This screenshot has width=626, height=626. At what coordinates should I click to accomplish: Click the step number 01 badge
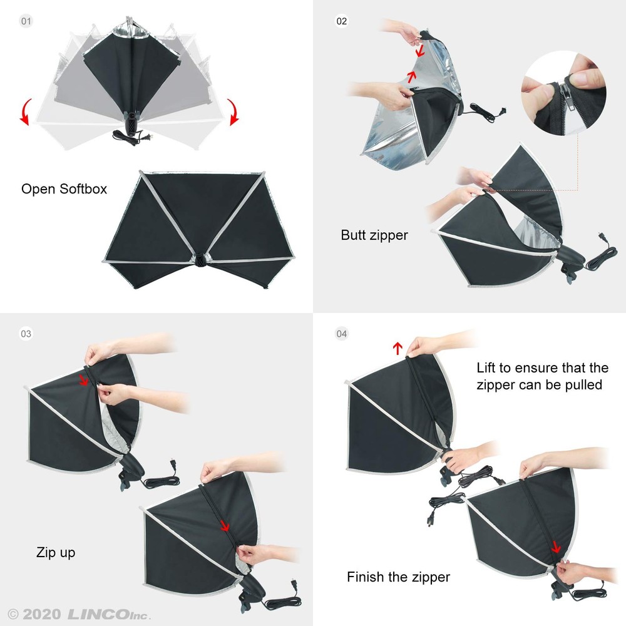[x=26, y=21]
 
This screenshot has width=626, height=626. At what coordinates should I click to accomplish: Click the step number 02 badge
[x=341, y=21]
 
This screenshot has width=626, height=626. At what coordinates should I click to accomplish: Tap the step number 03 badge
[x=26, y=334]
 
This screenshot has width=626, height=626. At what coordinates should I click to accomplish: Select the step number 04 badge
[x=341, y=334]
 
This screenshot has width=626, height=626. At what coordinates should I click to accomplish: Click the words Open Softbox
[x=64, y=188]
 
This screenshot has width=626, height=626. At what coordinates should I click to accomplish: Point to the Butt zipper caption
[x=374, y=235]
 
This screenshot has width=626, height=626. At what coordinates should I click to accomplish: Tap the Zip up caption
[x=56, y=553]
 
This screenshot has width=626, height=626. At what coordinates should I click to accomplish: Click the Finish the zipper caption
[x=398, y=577]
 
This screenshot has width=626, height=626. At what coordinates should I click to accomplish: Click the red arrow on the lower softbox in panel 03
[x=225, y=526]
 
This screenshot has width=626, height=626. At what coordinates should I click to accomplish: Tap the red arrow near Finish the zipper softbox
[x=555, y=548]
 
